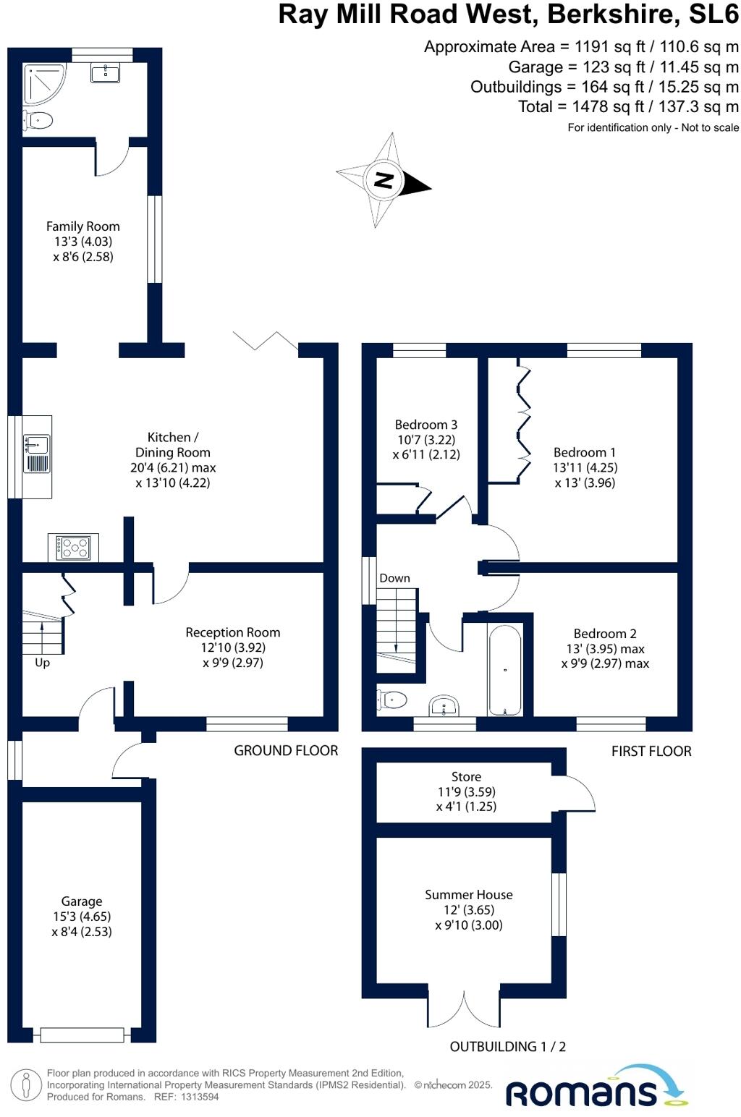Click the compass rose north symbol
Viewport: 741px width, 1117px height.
(384, 180)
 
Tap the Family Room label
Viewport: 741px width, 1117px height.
(83, 226)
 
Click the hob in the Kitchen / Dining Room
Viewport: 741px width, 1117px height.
(73, 548)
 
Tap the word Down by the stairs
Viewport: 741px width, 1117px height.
(394, 578)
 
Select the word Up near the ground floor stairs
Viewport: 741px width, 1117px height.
(43, 663)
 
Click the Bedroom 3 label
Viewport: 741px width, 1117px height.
(425, 425)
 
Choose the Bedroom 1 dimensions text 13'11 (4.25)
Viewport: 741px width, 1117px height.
(585, 467)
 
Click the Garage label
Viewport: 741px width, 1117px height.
(82, 901)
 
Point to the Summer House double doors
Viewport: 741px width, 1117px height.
(464, 1010)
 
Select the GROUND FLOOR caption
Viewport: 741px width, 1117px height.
(286, 751)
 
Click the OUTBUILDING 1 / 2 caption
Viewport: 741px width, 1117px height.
(507, 1047)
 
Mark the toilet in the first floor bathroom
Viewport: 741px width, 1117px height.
(392, 700)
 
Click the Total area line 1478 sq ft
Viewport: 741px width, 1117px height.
(628, 107)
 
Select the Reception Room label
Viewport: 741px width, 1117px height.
(232, 632)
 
